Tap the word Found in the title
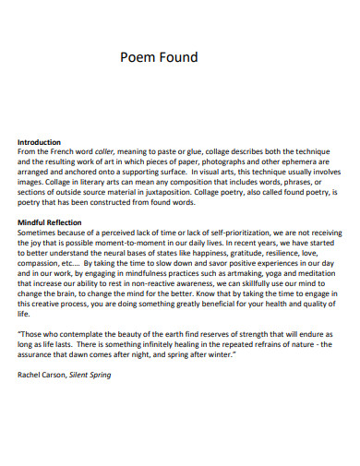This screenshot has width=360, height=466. tap(180, 57)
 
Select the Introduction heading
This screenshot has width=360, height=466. tap(43, 142)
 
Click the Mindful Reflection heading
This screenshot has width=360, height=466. tap(50, 223)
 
